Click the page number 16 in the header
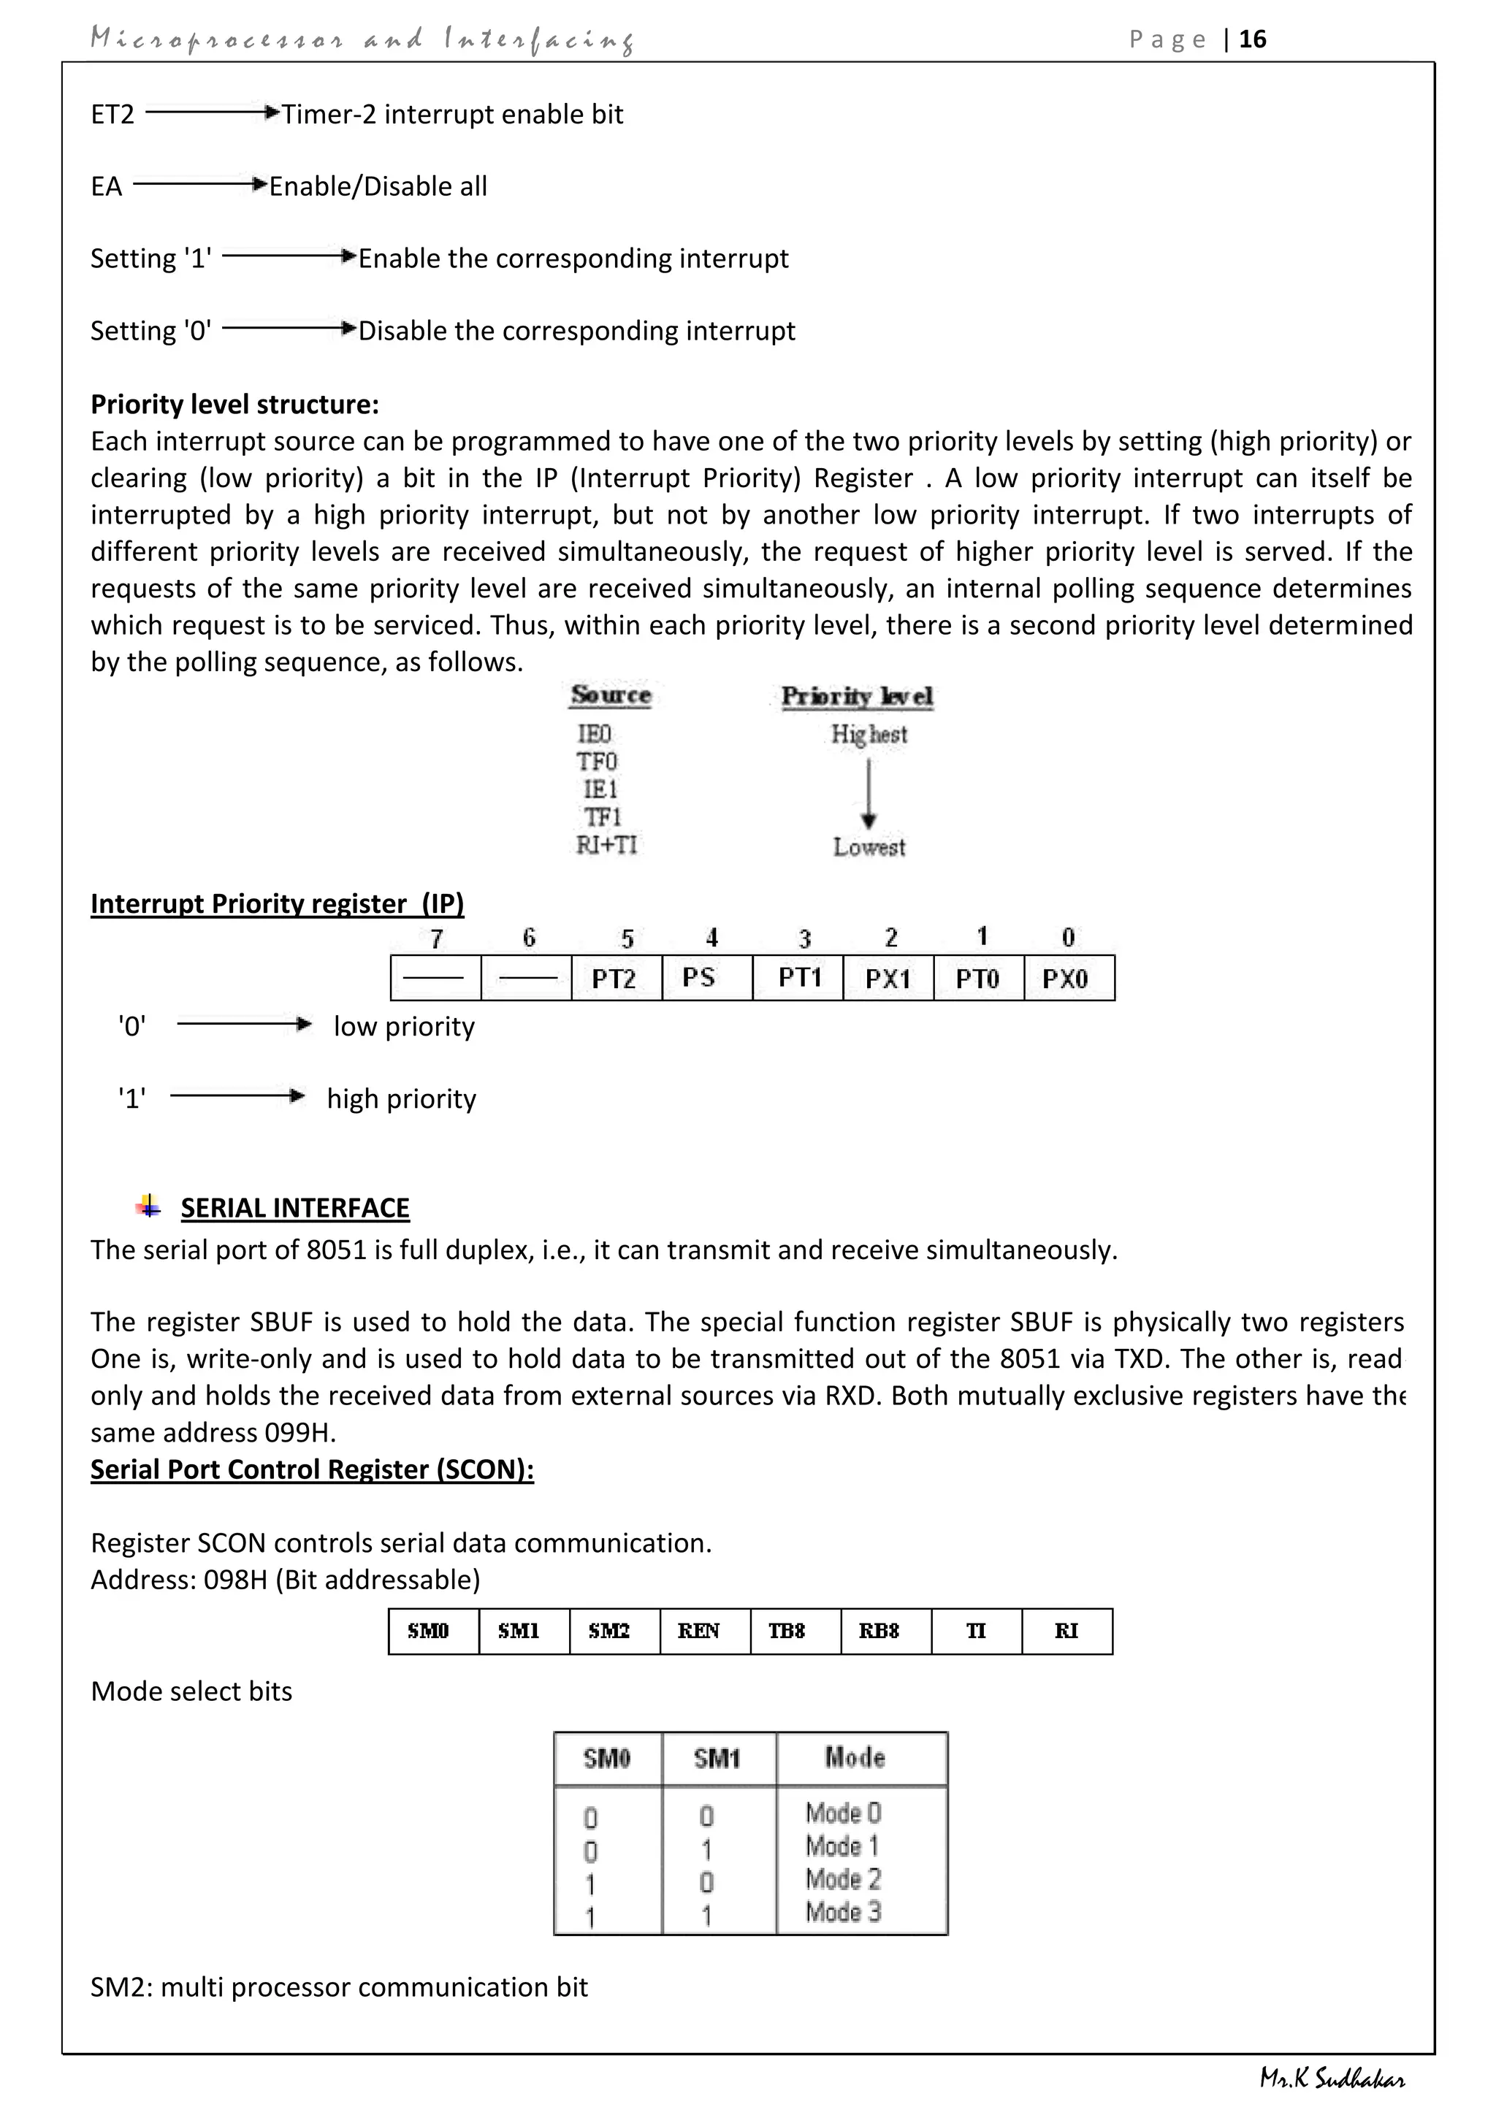point(1252,39)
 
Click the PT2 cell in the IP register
point(614,979)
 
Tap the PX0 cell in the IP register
point(1066,979)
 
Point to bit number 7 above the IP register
point(437,938)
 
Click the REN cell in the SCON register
point(698,1632)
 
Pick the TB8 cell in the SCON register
point(787,1632)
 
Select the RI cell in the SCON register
point(1066,1632)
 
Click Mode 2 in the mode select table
point(843,1879)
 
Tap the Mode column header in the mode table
point(855,1758)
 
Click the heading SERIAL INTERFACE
point(295,1208)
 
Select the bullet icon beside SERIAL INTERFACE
point(148,1206)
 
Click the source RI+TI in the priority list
point(606,846)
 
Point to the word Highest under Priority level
point(869,734)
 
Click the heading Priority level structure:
point(235,405)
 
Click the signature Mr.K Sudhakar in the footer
point(1332,2079)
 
